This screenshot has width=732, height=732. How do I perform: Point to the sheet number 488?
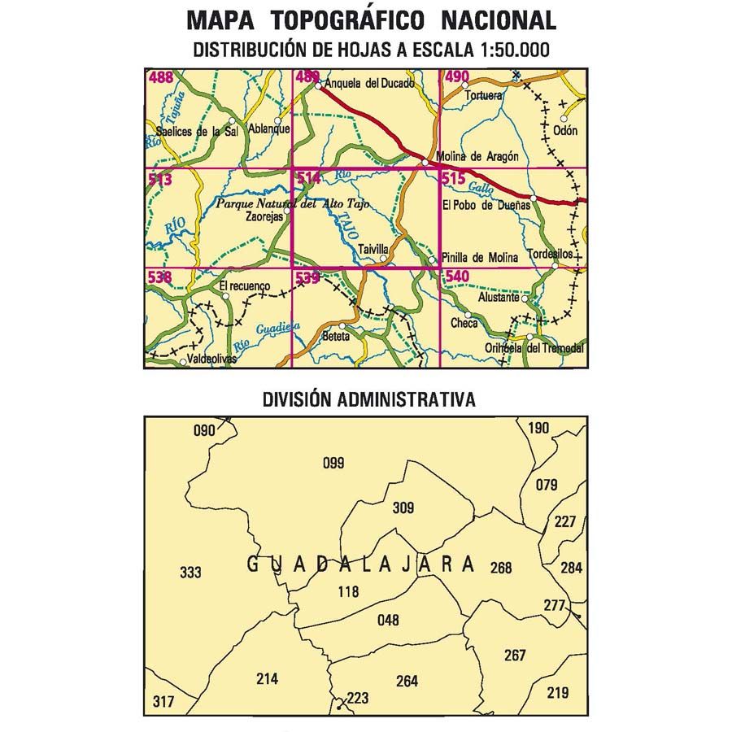[x=160, y=78]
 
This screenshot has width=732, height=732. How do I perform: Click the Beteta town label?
[x=335, y=335]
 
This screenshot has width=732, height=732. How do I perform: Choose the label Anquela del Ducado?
[x=369, y=83]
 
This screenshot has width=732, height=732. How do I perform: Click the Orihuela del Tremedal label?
[x=545, y=348]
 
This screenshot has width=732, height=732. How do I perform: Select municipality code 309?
[x=403, y=508]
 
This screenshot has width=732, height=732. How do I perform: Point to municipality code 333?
[x=190, y=573]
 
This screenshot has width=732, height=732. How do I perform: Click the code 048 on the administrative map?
[x=389, y=621]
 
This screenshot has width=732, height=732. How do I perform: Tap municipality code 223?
[x=357, y=697]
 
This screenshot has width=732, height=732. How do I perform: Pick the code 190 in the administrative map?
[x=539, y=429]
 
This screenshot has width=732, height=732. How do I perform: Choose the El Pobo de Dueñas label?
[x=485, y=205]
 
